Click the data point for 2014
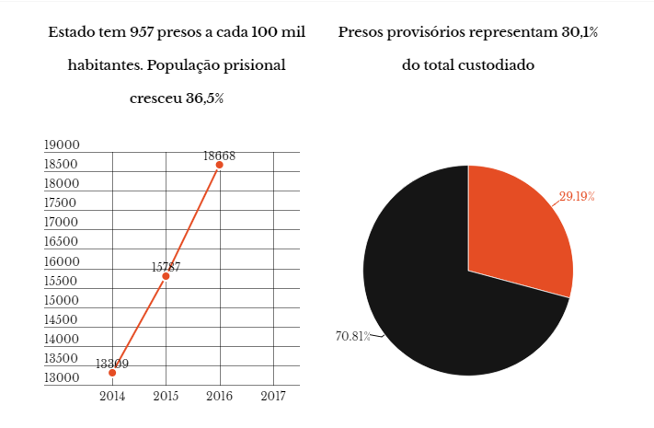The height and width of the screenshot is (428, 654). click(x=112, y=373)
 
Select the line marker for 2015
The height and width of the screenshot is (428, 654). click(x=166, y=276)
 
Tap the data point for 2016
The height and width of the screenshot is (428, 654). click(x=219, y=165)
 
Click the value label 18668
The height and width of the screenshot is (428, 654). click(x=219, y=156)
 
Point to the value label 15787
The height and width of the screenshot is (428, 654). click(x=166, y=267)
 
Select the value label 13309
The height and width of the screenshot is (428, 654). click(x=112, y=364)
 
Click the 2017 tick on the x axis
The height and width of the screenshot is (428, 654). click(x=272, y=396)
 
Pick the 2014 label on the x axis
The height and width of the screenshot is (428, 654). click(x=112, y=396)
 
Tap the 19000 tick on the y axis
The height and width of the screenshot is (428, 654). click(x=63, y=145)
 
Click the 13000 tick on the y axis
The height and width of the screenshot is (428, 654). click(x=63, y=378)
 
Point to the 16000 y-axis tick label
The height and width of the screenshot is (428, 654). click(x=63, y=261)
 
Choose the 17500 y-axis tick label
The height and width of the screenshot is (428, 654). click(x=63, y=203)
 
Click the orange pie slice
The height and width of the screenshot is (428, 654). click(x=515, y=230)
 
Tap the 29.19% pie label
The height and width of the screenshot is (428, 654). click(x=577, y=197)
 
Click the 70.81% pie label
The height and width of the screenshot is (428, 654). click(x=352, y=336)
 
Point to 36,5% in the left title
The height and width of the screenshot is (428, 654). click(x=203, y=98)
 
